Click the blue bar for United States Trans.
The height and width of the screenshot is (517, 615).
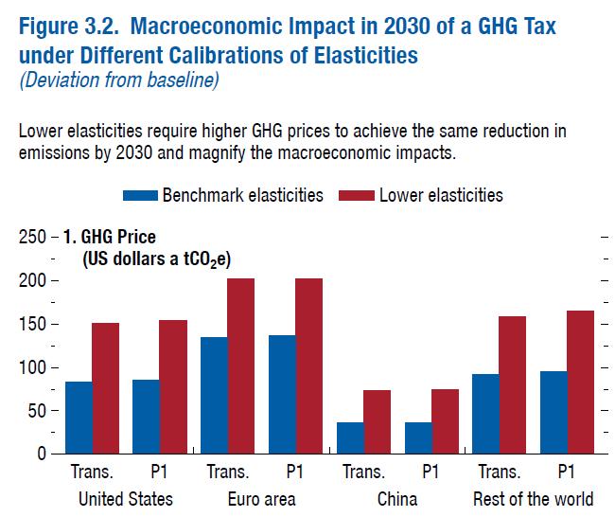point(79,418)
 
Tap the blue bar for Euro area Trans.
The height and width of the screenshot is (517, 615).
point(214,395)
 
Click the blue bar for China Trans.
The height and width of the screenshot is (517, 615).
point(350,437)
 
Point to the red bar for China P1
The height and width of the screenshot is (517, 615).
point(444,421)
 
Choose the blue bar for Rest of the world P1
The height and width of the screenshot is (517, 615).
point(553,412)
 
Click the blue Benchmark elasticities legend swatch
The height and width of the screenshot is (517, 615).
point(140,196)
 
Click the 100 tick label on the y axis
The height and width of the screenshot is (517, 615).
point(33,367)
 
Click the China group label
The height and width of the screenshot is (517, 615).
point(397,499)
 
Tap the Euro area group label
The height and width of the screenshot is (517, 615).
point(261,499)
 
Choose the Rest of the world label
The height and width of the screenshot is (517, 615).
point(533,499)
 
